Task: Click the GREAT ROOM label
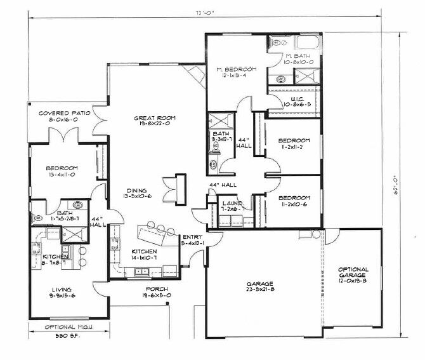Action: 155,118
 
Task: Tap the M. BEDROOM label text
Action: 235,69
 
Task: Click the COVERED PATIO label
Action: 64,112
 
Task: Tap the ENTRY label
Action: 192,236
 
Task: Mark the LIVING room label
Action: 62,287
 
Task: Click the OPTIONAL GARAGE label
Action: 353,273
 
